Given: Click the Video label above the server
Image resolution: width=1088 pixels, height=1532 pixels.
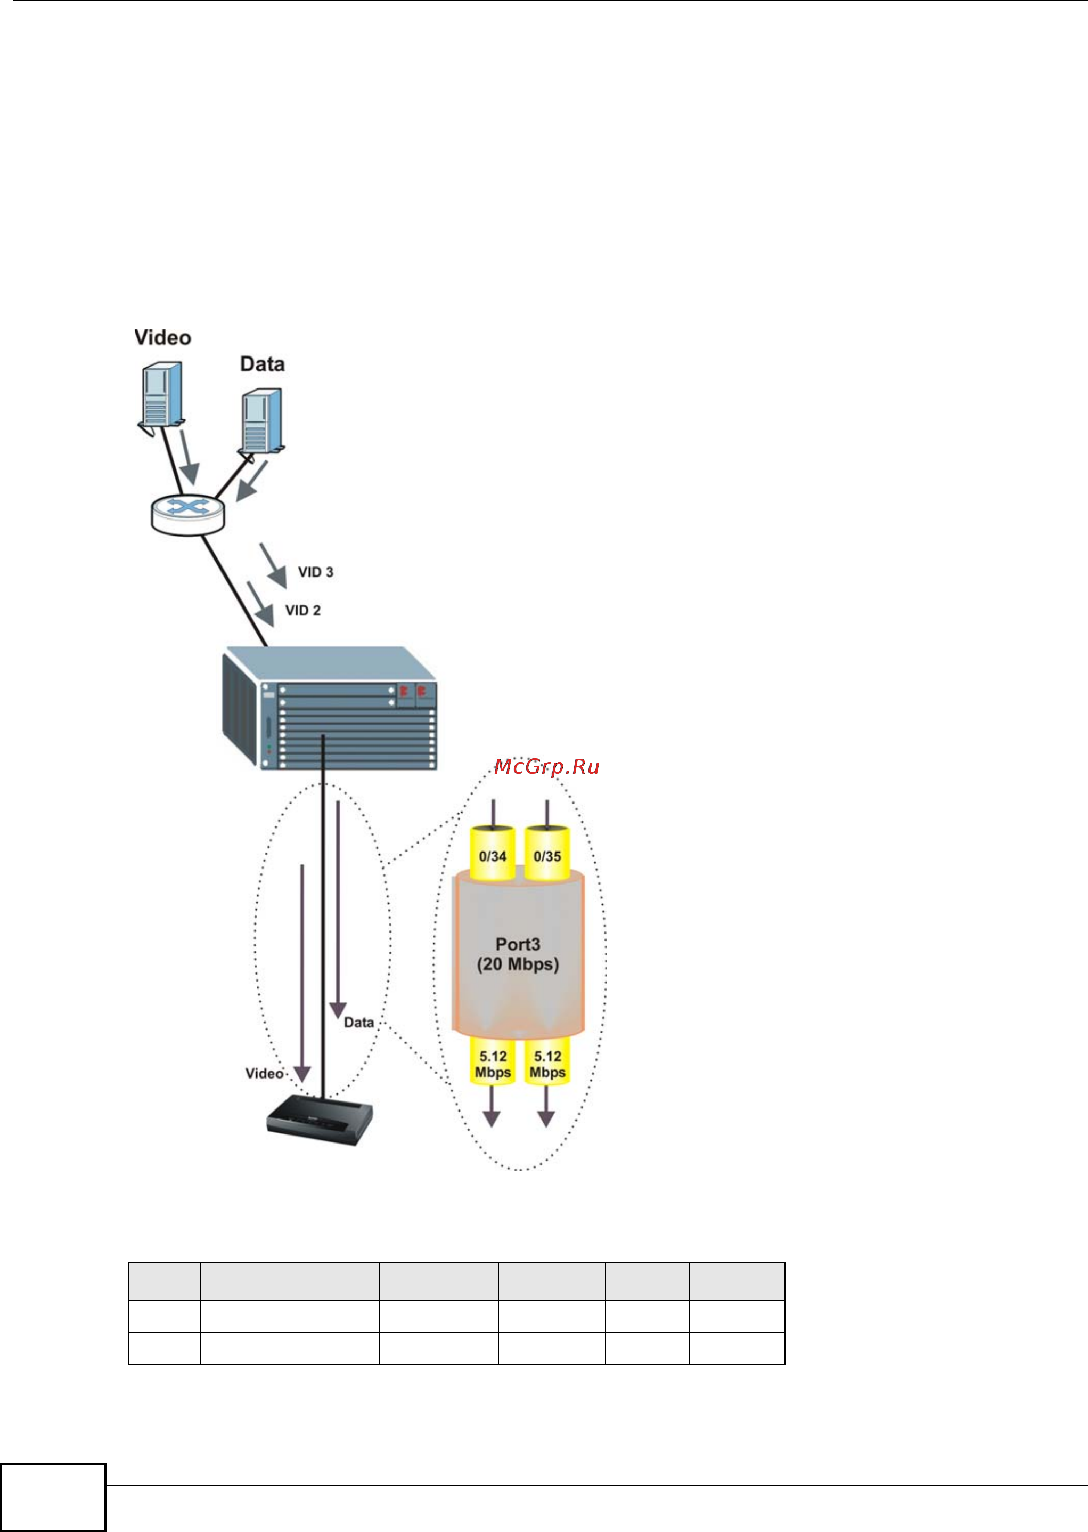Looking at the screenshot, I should tap(163, 338).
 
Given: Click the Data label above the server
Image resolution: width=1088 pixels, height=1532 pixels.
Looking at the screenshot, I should tap(262, 364).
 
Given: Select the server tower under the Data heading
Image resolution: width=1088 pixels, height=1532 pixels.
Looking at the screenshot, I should tap(262, 421).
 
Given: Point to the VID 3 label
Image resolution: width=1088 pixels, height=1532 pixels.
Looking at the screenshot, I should tap(316, 572).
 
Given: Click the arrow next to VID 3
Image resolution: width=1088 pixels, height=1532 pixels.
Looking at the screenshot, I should tap(273, 565).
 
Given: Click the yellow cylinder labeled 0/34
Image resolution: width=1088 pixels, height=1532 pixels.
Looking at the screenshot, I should tap(493, 855).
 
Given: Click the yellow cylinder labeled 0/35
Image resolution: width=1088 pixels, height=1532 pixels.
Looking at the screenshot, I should tap(547, 855).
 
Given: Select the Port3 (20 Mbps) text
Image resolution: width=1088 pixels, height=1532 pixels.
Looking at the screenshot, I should tap(518, 954).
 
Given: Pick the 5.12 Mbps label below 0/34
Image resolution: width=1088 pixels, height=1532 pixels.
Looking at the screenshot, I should tap(493, 1064).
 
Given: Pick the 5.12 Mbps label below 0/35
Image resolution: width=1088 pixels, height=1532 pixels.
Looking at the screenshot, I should tap(547, 1064).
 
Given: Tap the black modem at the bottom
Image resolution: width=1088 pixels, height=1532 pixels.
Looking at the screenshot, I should tap(320, 1121).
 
